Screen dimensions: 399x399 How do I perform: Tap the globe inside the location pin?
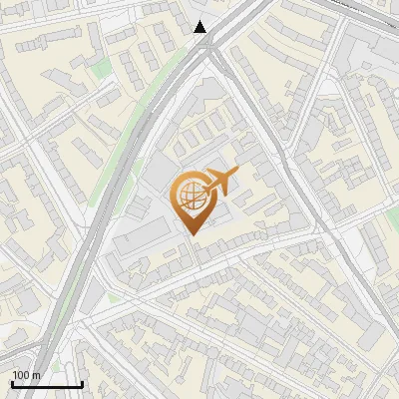click(191, 196)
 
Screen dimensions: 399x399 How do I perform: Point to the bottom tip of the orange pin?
click(193, 234)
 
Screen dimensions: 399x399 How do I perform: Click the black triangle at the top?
click(200, 27)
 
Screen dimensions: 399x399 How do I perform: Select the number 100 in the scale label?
click(21, 375)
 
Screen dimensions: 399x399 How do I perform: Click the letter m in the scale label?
click(37, 375)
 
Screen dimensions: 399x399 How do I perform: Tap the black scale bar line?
click(46, 385)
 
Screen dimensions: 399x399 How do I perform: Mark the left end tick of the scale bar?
click(11, 383)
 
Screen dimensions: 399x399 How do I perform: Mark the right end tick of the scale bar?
click(82, 383)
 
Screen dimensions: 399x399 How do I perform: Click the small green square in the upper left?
click(102, 68)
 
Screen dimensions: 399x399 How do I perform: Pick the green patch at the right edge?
click(394, 217)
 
